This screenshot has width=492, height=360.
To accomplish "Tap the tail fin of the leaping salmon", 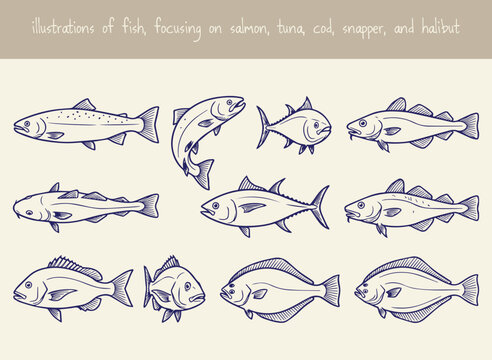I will click(201, 173).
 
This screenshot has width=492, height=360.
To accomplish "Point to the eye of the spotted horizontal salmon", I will click(29, 125).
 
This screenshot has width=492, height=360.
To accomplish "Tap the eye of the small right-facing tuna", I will click(317, 125).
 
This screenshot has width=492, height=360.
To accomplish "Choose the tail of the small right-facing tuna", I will click(264, 127).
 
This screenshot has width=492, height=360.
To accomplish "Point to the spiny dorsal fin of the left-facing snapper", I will click(74, 264).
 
